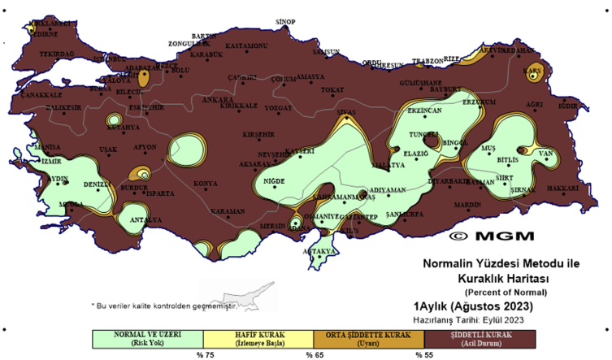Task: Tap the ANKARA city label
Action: (x=217, y=100)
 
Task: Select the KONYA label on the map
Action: (x=205, y=184)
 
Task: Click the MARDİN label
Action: (x=468, y=205)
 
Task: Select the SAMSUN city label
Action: (x=326, y=52)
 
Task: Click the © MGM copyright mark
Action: (x=492, y=236)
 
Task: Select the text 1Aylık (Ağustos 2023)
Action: (x=473, y=306)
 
